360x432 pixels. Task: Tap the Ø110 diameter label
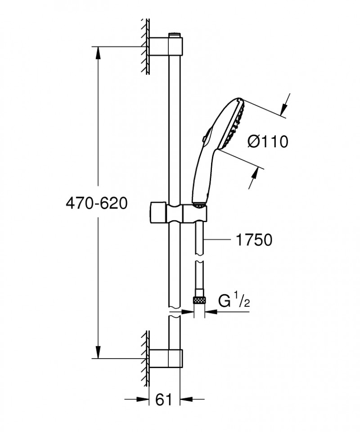267,142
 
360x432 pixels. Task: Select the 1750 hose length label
254,240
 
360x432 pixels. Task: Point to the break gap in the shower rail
175,313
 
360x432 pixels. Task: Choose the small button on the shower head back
205,139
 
